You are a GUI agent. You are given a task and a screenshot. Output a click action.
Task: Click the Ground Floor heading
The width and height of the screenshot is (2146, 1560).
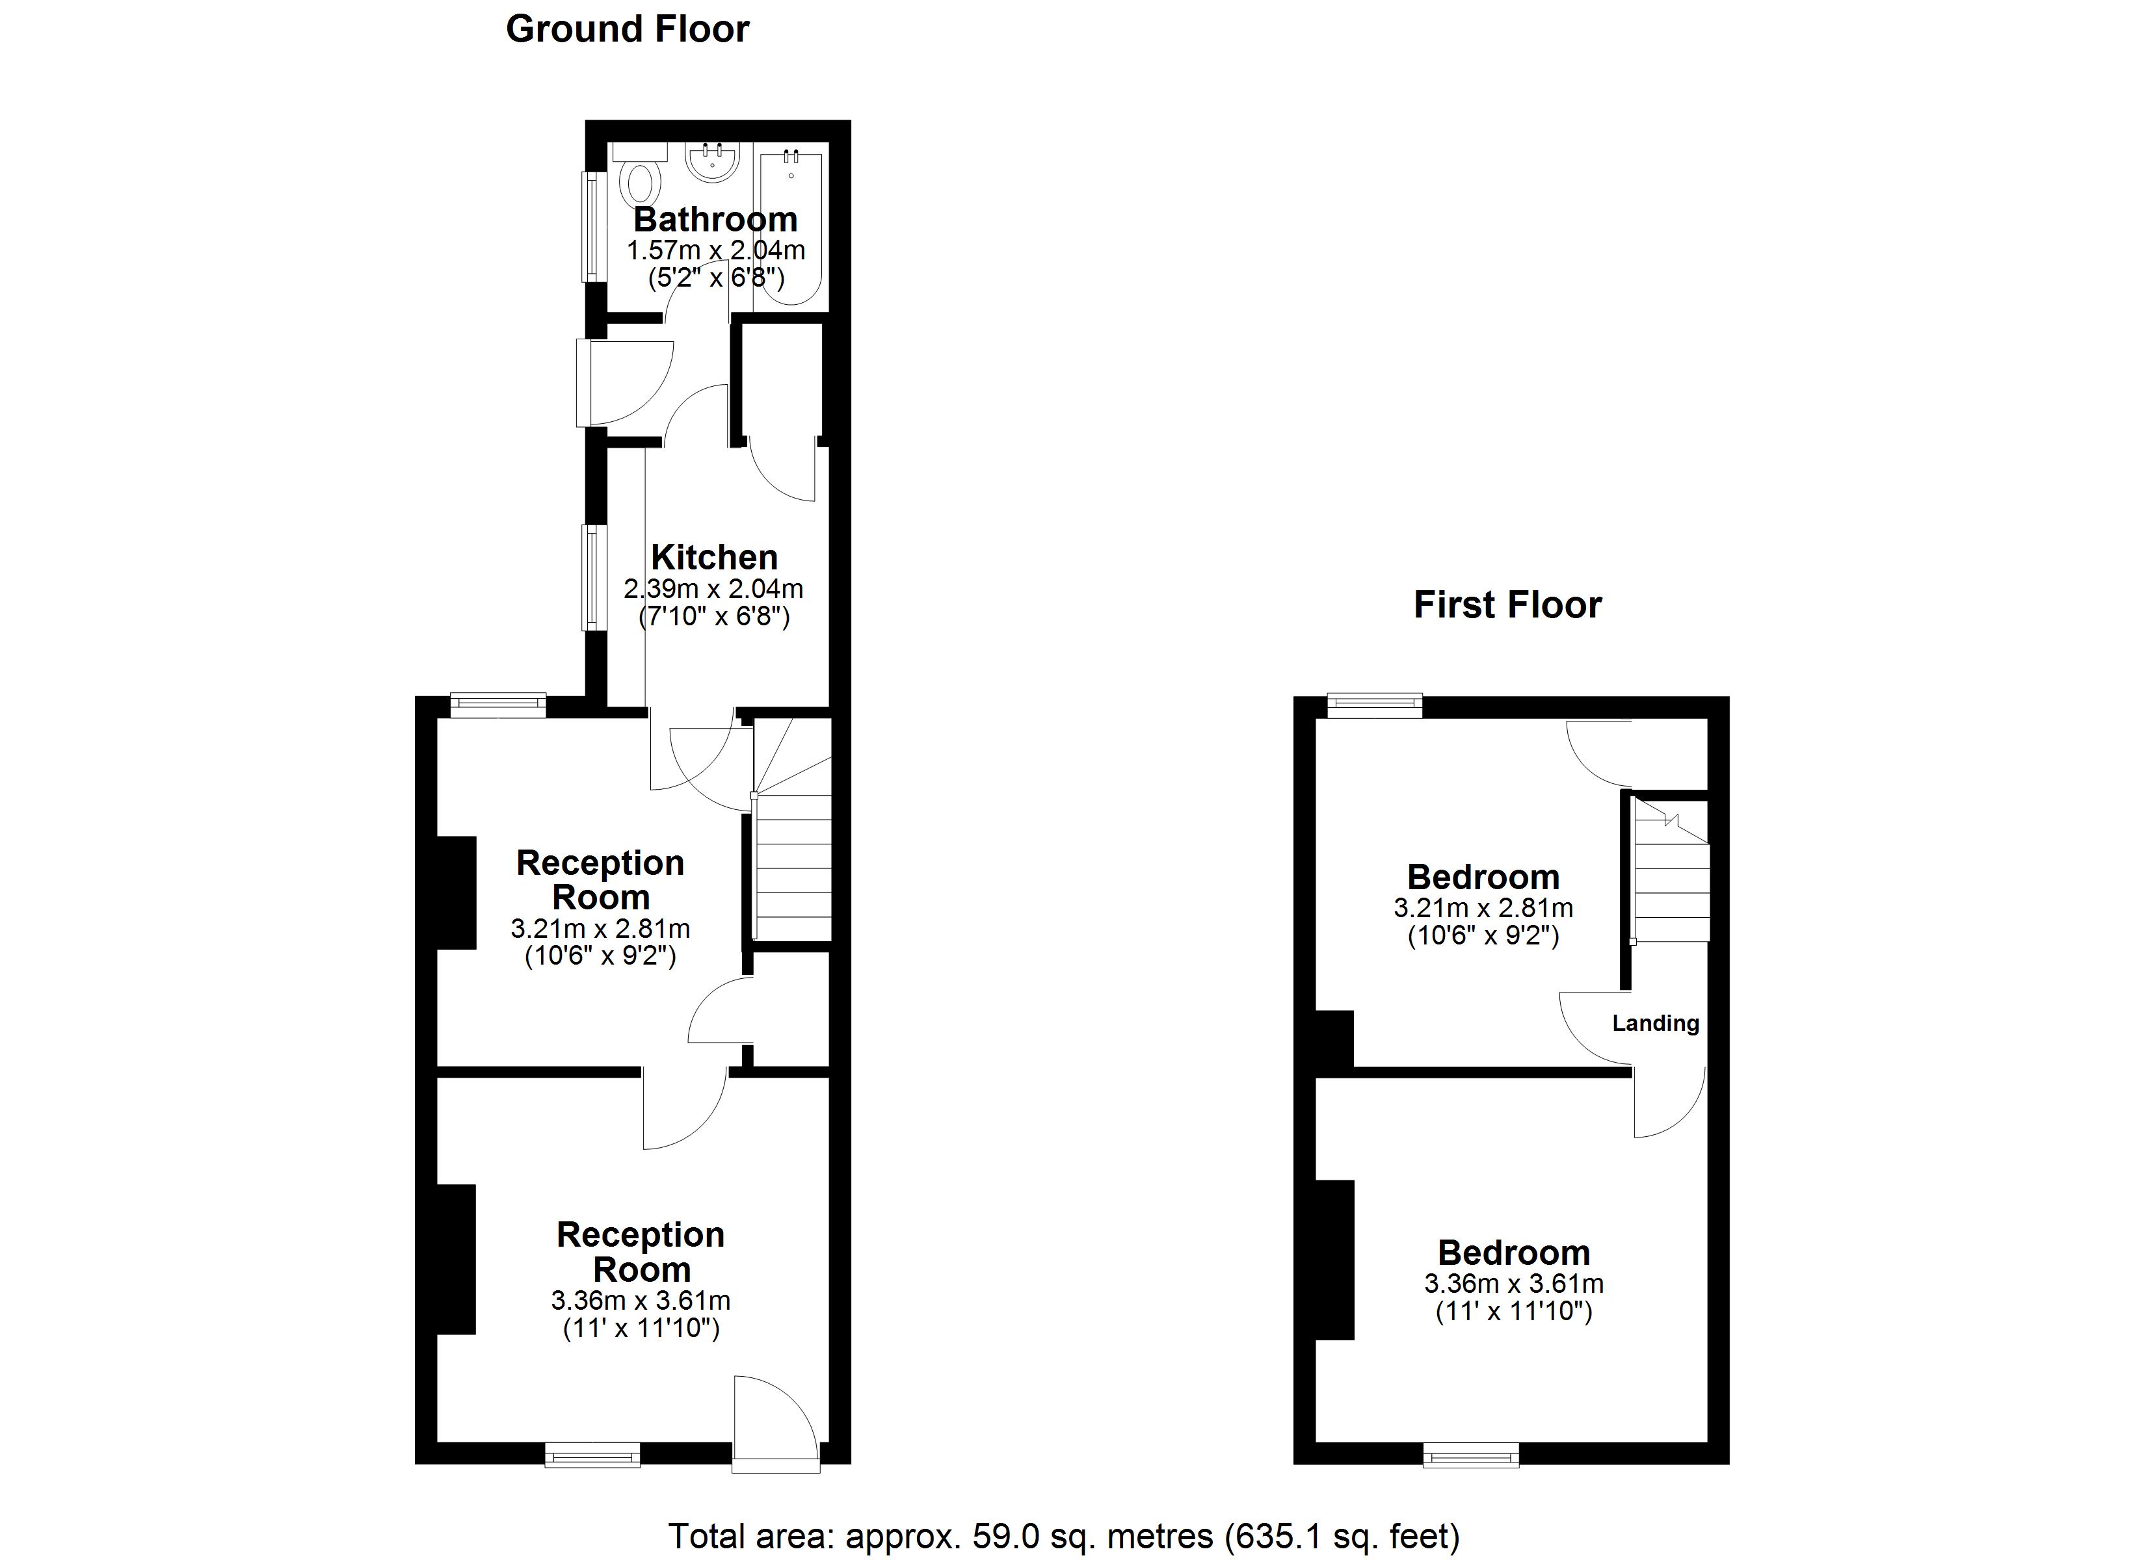[628, 29]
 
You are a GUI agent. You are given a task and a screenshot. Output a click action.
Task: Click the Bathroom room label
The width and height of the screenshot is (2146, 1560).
[715, 220]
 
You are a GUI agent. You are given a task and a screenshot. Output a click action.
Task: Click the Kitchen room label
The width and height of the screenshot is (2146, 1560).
[715, 557]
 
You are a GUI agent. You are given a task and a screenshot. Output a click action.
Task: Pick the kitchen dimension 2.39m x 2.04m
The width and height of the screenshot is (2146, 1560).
[713, 588]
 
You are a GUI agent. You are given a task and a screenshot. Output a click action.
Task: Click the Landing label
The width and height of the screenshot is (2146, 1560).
[1655, 1022]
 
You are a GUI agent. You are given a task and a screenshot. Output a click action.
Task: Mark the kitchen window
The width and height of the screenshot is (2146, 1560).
[592, 577]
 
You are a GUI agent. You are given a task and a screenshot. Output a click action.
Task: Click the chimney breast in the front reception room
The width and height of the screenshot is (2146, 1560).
[455, 1259]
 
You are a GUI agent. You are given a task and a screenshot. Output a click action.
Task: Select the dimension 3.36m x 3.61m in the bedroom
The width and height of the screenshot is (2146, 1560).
[1513, 1284]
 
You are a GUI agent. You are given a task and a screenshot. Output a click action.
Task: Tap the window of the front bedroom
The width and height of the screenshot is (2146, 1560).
[1472, 1454]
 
